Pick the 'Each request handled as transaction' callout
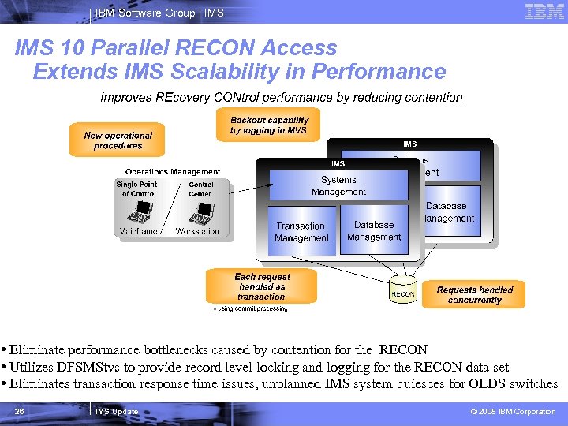[261, 286]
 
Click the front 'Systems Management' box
[338, 185]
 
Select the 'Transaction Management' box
[301, 231]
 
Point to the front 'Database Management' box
[374, 230]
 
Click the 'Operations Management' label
[173, 171]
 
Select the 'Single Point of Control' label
[137, 189]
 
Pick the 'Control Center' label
[200, 189]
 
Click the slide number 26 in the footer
[20, 411]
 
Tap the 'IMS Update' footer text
[116, 411]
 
